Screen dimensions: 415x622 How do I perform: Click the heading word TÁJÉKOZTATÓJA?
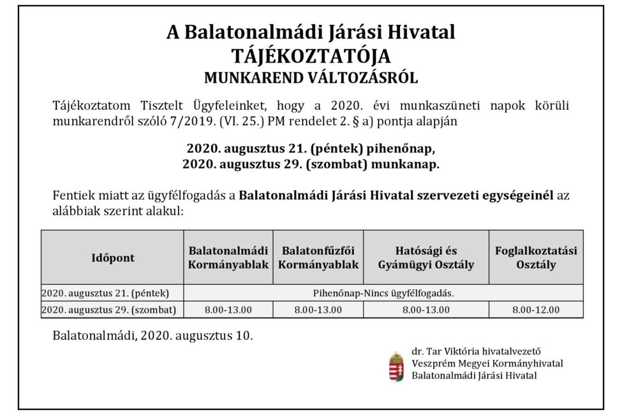311,56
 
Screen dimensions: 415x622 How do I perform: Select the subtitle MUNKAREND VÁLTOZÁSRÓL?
311,79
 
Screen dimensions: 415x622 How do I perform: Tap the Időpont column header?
112,257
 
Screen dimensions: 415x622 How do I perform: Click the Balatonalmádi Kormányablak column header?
228,257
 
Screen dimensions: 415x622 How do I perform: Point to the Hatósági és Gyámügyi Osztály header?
426,257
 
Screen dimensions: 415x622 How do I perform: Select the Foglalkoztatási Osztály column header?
536,257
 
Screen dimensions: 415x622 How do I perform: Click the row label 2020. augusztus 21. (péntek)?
105,294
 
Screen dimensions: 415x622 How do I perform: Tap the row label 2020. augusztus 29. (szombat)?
108,310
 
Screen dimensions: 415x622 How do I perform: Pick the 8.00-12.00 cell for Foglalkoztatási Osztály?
536,310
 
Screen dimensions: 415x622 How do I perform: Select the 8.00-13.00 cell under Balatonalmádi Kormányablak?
228,310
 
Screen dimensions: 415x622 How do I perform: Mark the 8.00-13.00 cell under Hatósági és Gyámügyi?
426,310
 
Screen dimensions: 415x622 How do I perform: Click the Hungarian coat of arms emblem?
396,366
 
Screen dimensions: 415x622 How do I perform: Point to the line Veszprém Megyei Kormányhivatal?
487,363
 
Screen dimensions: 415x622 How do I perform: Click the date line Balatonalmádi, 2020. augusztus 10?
152,335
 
